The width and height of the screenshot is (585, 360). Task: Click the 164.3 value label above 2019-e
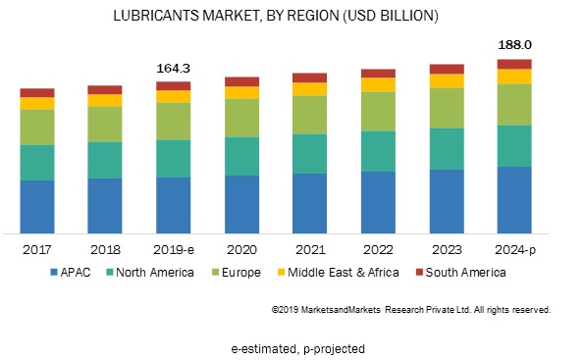pos(173,68)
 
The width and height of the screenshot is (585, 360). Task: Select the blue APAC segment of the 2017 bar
pos(37,206)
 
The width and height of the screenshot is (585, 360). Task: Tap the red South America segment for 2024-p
pos(513,64)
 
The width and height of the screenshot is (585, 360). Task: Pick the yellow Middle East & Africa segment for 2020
pos(241,92)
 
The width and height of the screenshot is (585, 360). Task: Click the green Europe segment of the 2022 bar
pos(378,111)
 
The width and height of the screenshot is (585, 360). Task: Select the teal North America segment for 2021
pos(309,153)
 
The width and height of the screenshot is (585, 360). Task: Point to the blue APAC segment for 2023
pos(446,200)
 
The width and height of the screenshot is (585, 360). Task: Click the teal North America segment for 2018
pos(105,159)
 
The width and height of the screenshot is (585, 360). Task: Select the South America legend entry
pos(461,272)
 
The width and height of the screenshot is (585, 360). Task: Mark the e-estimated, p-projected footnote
pos(292,347)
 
